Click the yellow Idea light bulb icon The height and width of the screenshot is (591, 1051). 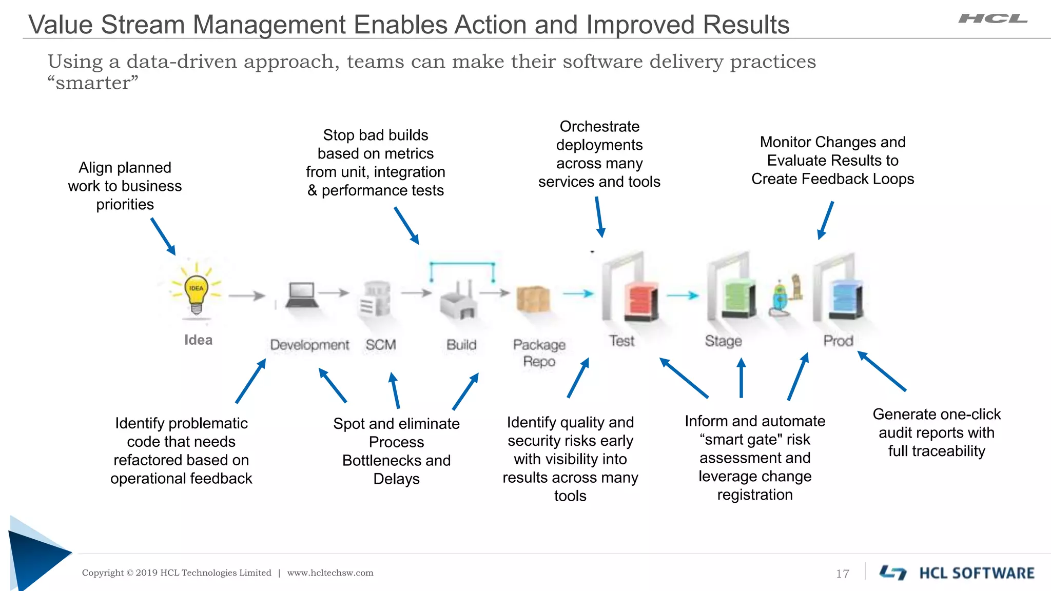click(196, 291)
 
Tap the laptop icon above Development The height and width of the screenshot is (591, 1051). click(301, 294)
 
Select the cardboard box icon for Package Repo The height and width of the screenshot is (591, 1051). click(533, 299)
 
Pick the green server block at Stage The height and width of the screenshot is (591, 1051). click(739, 299)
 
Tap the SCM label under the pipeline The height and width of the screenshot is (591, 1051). click(381, 345)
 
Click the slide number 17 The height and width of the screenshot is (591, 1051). click(843, 574)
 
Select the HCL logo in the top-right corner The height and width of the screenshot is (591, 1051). click(992, 19)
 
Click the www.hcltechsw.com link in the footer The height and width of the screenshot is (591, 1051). click(330, 573)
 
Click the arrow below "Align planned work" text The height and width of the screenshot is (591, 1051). click(163, 237)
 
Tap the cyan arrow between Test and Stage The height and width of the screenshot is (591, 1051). click(683, 295)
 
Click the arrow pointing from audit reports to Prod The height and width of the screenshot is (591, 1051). click(882, 371)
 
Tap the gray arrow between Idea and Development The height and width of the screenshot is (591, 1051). click(247, 295)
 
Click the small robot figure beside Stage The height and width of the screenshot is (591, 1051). click(781, 299)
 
